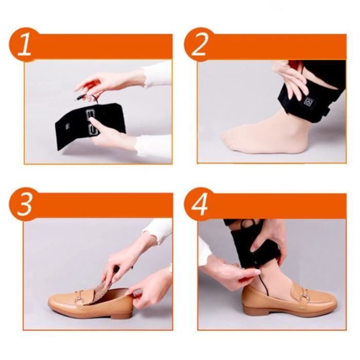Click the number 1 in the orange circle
pos(25,45)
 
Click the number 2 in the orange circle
pos(199,45)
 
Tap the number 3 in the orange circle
pos(24,204)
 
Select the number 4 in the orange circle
pos(200,204)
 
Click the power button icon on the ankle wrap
pos(308,102)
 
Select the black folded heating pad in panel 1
pos(90,126)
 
